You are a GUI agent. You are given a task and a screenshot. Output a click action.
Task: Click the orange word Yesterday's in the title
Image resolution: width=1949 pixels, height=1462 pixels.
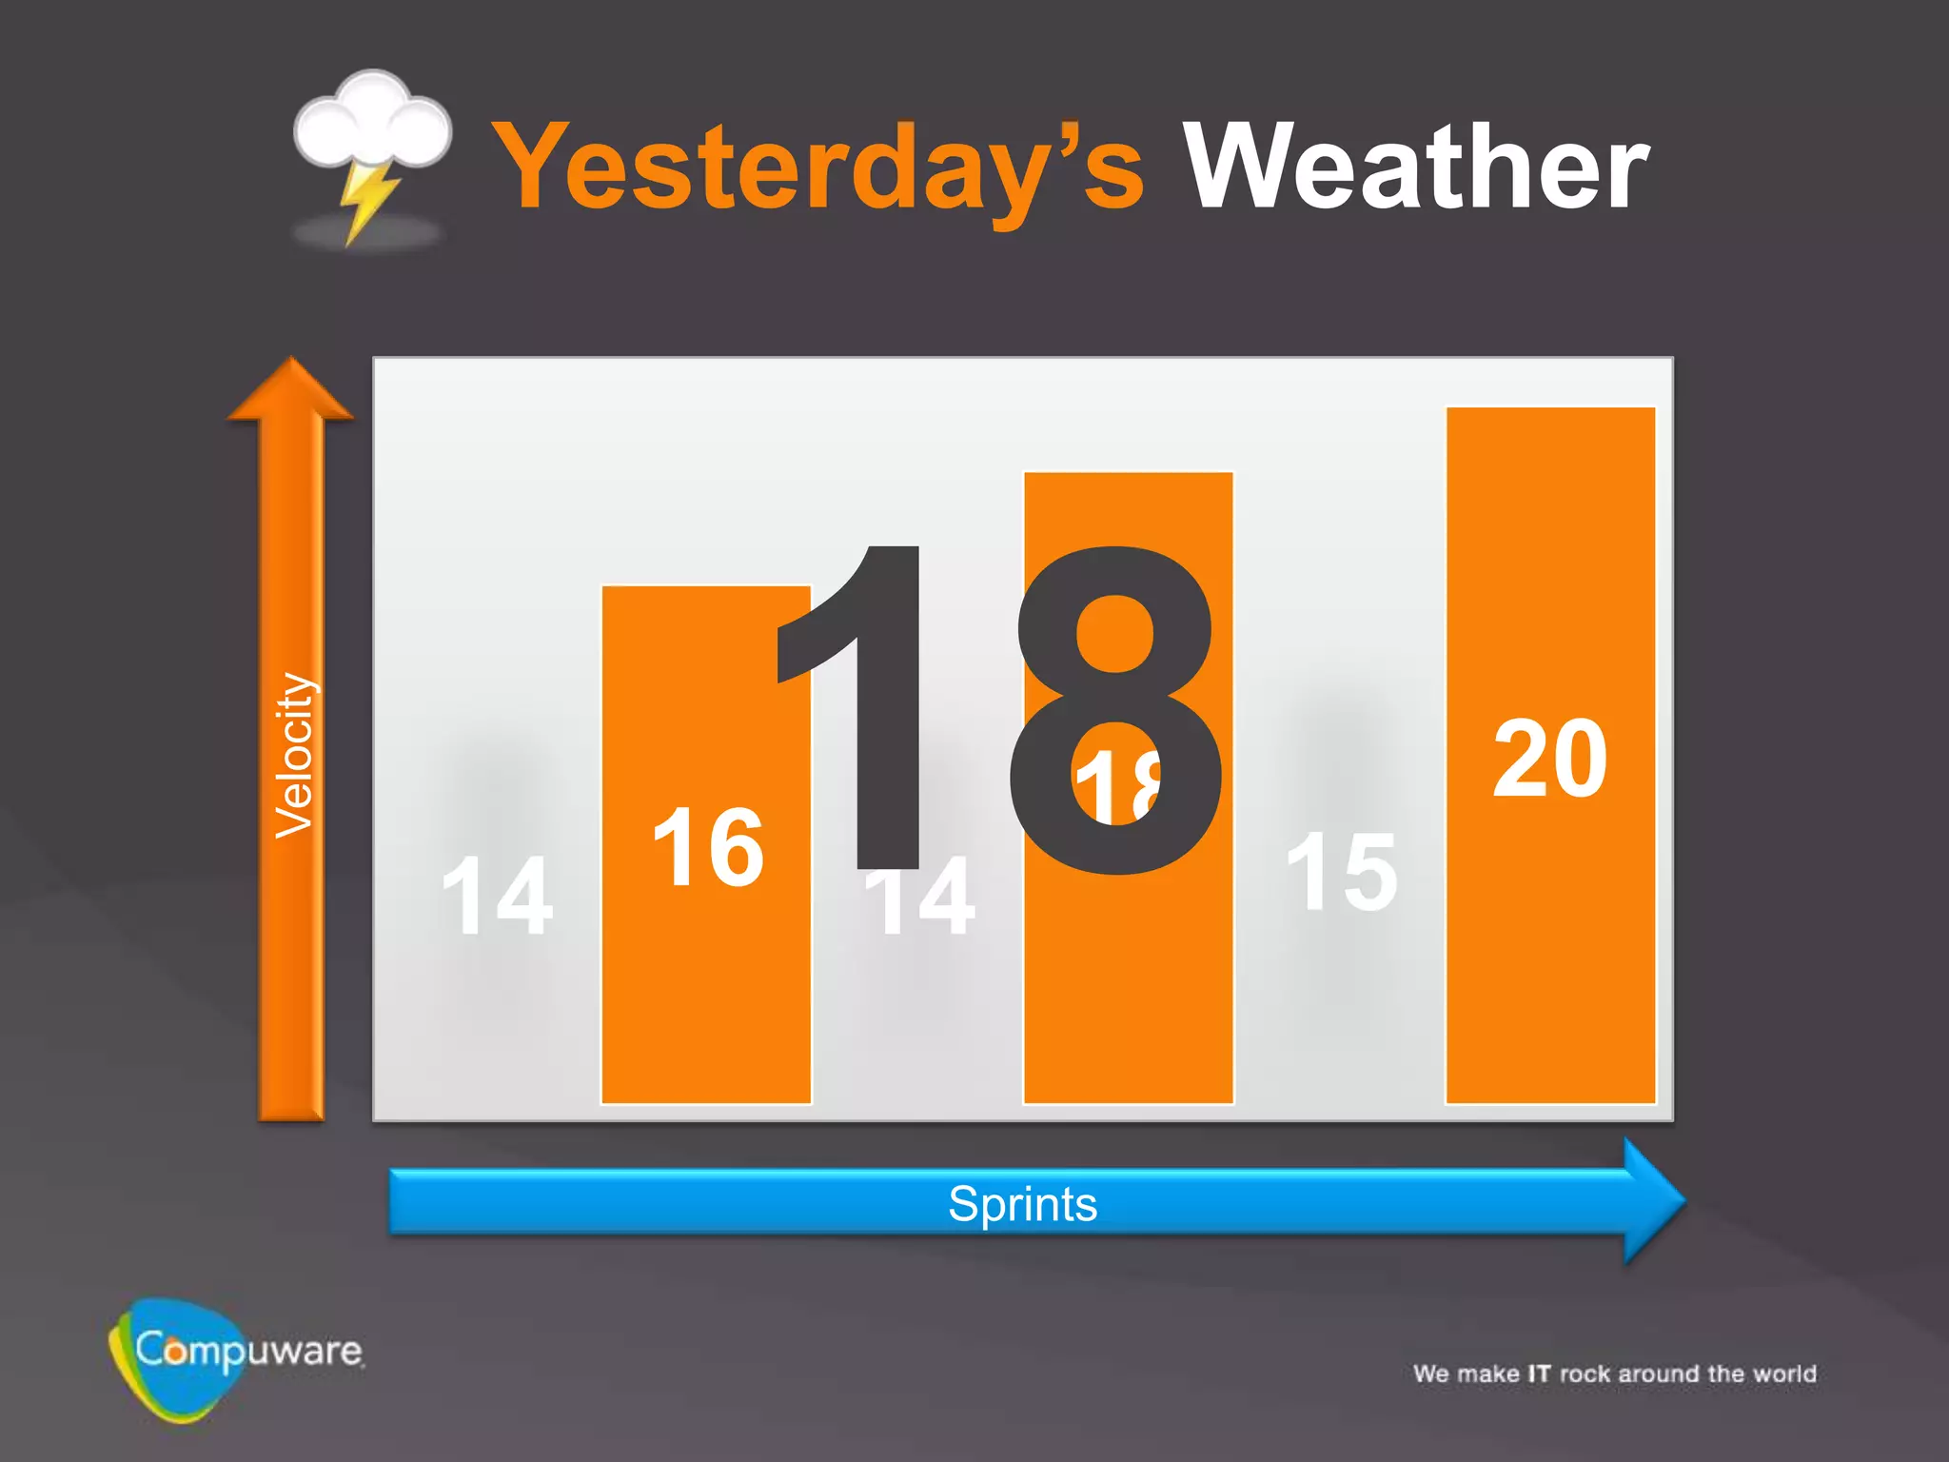click(818, 169)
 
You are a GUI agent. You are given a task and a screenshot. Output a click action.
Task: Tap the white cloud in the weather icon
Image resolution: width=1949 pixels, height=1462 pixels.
click(371, 124)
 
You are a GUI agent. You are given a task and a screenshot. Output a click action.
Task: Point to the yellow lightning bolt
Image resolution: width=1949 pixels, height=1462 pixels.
click(365, 200)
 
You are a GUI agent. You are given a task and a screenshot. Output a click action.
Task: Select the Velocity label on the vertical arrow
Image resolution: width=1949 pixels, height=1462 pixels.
click(294, 756)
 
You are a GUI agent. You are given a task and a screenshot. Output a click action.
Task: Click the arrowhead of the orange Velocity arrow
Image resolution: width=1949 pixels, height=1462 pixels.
click(291, 390)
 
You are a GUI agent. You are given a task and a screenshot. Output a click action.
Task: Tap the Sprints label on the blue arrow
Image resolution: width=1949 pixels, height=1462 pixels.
click(1023, 1204)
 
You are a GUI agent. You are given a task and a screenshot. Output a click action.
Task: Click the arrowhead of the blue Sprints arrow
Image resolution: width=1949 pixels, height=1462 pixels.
click(1651, 1201)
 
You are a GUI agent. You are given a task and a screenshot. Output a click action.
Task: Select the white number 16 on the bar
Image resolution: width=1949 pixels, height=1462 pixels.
click(708, 847)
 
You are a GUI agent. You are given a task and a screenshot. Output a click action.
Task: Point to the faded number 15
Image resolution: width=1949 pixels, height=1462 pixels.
click(1342, 872)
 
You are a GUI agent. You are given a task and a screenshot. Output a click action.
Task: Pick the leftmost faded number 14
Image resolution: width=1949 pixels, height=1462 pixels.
click(497, 897)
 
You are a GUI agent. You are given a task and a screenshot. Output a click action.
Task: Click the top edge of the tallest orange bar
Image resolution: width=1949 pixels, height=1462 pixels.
click(1550, 409)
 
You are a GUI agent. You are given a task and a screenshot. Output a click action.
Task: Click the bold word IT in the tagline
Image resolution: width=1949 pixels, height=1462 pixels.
click(1539, 1373)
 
